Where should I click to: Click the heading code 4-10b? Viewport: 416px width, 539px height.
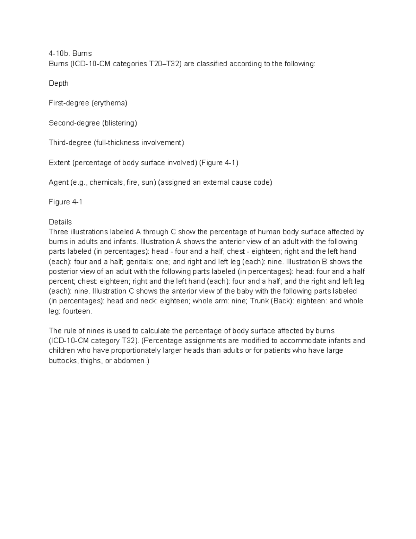pyautogui.click(x=59, y=53)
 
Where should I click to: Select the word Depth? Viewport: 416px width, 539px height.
pyautogui.click(x=59, y=83)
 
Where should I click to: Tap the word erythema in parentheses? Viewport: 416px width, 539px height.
pyautogui.click(x=109, y=103)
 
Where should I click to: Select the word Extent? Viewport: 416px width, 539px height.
pyautogui.click(x=59, y=163)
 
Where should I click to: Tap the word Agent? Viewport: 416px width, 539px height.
pyautogui.click(x=58, y=182)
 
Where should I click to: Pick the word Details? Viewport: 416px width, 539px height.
pyautogui.click(x=60, y=222)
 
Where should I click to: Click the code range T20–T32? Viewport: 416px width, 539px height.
pyautogui.click(x=165, y=64)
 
